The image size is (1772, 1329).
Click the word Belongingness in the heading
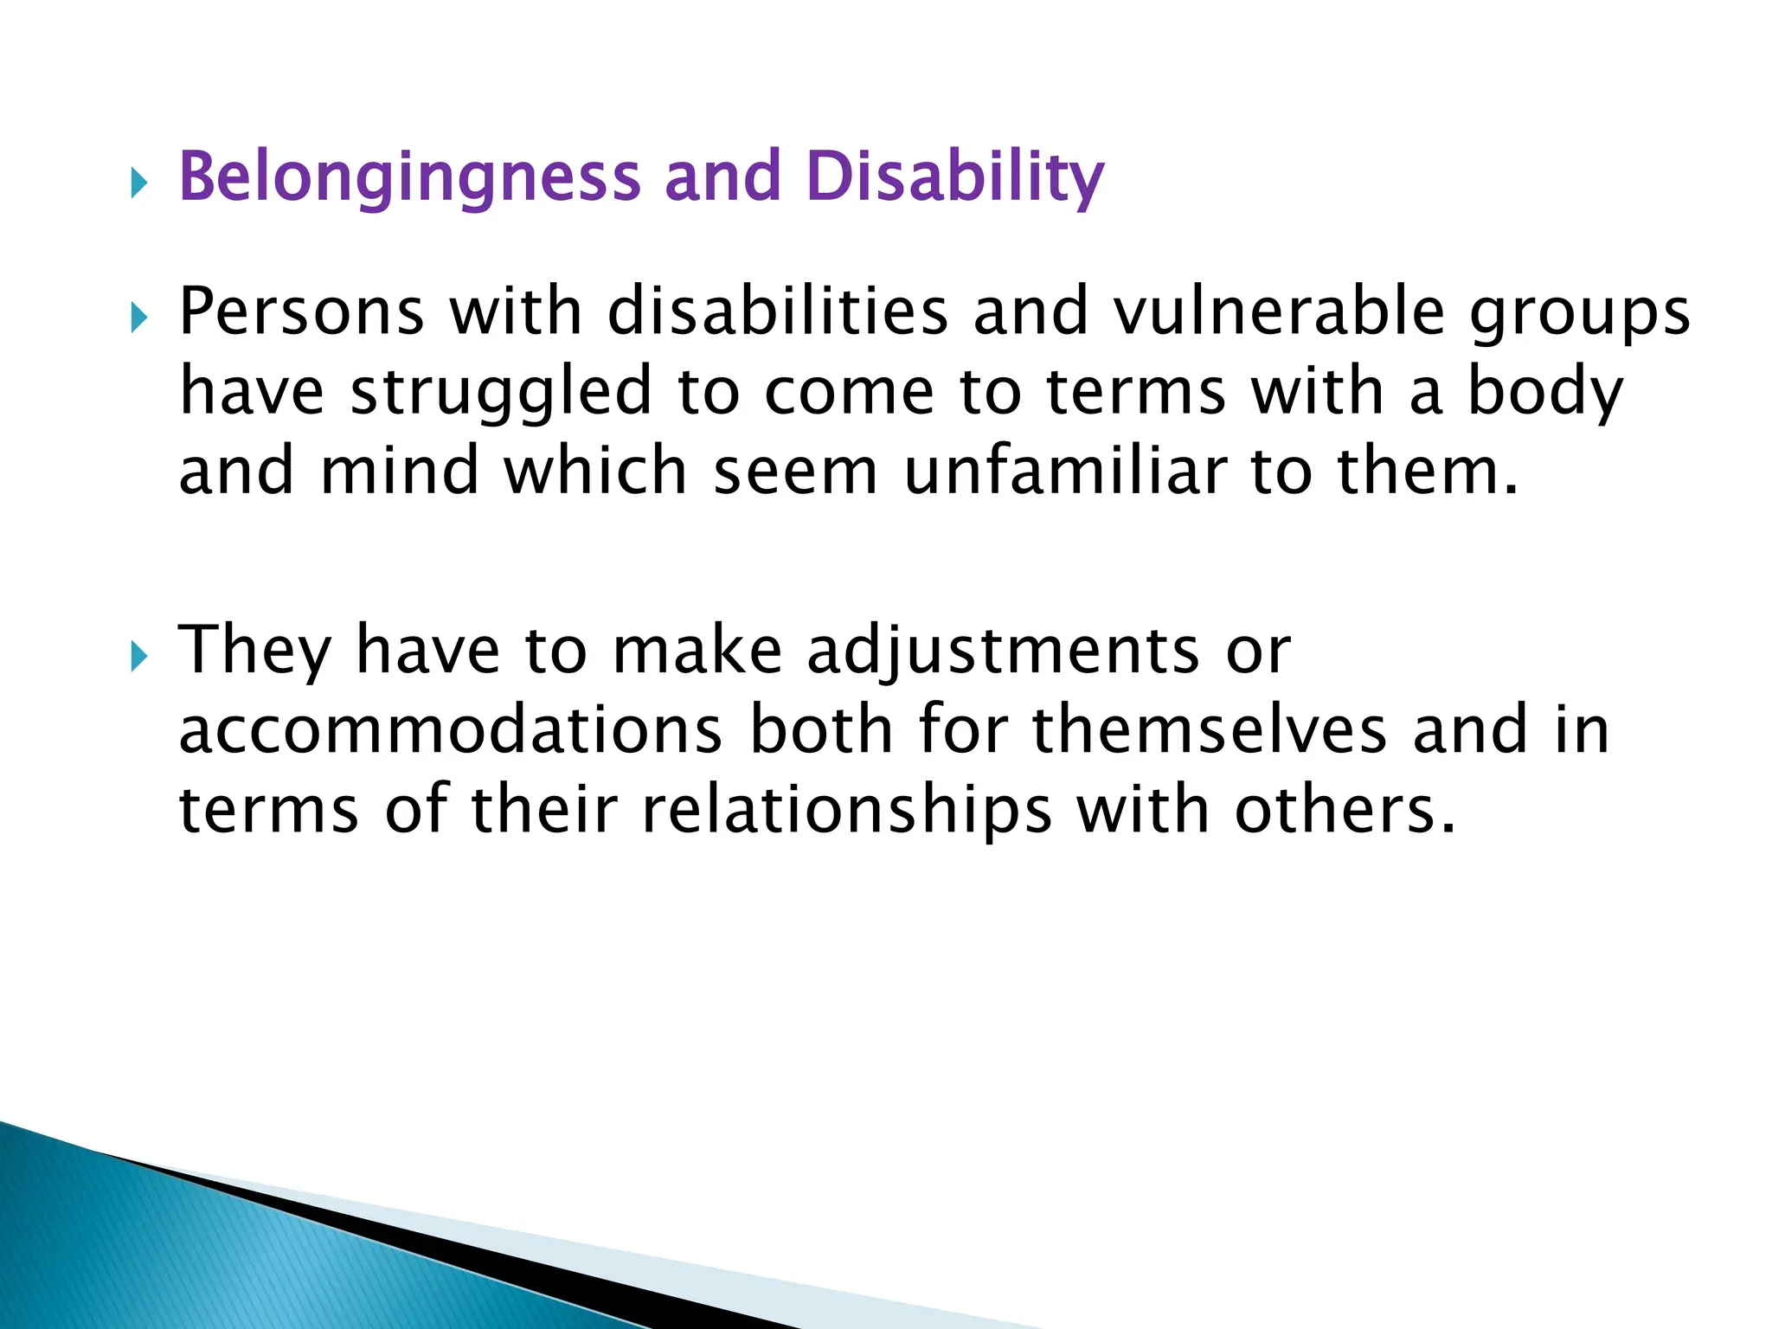click(408, 177)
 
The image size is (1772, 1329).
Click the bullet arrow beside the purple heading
click(139, 183)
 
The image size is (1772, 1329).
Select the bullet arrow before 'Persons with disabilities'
click(139, 318)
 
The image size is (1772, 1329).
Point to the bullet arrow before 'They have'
click(139, 657)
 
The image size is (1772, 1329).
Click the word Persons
click(301, 311)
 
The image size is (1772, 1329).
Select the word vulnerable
click(1279, 311)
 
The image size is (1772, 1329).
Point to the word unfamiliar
click(1065, 472)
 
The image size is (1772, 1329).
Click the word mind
click(399, 472)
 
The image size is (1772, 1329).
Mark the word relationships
click(846, 811)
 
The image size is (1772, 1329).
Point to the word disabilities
click(777, 311)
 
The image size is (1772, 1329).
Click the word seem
click(795, 472)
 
